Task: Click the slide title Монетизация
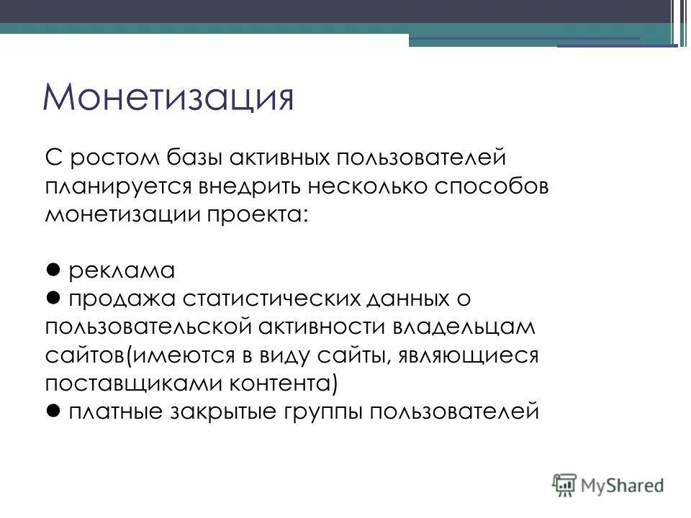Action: point(168,98)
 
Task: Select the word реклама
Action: point(122,271)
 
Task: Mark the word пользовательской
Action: point(148,327)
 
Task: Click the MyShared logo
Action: point(608,485)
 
